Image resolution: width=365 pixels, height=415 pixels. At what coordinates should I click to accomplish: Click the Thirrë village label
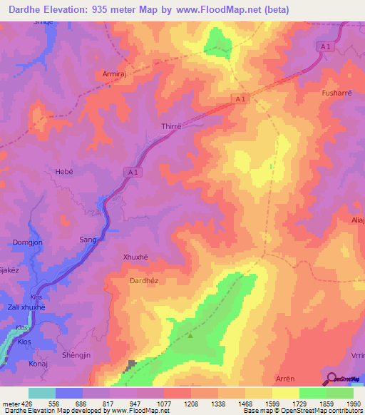click(172, 125)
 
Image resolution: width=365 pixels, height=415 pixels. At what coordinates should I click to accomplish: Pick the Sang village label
click(88, 240)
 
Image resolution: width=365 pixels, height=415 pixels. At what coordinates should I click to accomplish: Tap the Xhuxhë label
click(135, 257)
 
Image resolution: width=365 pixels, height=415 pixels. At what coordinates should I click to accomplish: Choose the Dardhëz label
click(143, 281)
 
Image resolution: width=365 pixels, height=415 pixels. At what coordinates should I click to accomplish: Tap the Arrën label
click(285, 378)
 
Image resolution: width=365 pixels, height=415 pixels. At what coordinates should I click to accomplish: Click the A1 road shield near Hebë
click(135, 172)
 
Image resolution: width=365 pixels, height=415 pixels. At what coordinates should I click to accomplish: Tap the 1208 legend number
click(192, 404)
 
